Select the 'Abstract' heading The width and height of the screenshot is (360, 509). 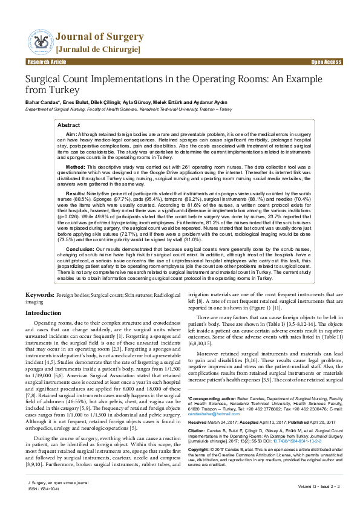[68, 125]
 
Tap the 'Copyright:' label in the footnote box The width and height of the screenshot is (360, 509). [200, 467]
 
